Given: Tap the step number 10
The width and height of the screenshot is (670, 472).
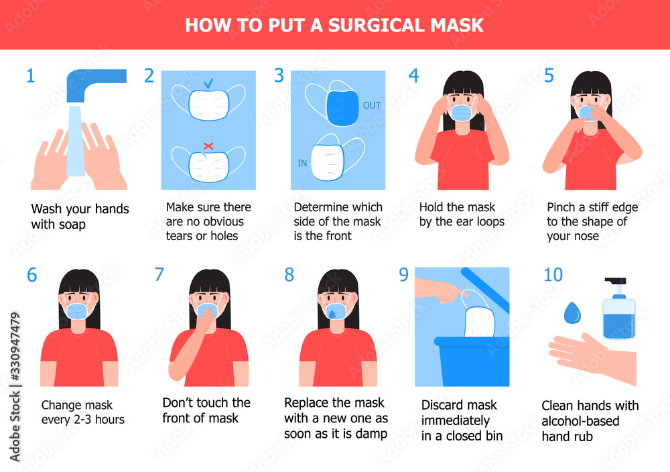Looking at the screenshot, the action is coord(553,275).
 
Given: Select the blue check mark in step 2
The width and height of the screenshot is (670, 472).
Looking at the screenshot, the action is coord(208,83).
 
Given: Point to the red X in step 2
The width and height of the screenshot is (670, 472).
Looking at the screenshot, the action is coord(208,145).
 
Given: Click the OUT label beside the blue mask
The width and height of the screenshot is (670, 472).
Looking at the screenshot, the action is coord(372,106).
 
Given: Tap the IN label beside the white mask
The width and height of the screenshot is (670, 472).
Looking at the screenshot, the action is coord(302,163).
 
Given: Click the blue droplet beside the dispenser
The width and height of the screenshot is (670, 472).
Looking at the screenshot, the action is coord(572,312).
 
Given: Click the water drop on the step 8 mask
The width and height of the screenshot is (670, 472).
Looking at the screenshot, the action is coord(332,314).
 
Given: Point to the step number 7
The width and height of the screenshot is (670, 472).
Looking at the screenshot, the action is coord(159,274).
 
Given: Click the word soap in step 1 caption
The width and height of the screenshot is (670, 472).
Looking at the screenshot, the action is coord(72,225).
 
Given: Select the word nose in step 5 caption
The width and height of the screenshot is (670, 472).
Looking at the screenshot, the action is coord(586,236).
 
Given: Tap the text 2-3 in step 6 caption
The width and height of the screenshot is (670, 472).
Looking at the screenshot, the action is coord(83,420).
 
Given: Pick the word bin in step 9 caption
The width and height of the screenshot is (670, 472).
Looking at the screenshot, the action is coord(492,436).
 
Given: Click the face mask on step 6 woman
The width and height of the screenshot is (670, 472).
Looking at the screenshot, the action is coord(77,311).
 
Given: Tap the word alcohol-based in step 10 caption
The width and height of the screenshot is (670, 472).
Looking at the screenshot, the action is coord(580,421).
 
